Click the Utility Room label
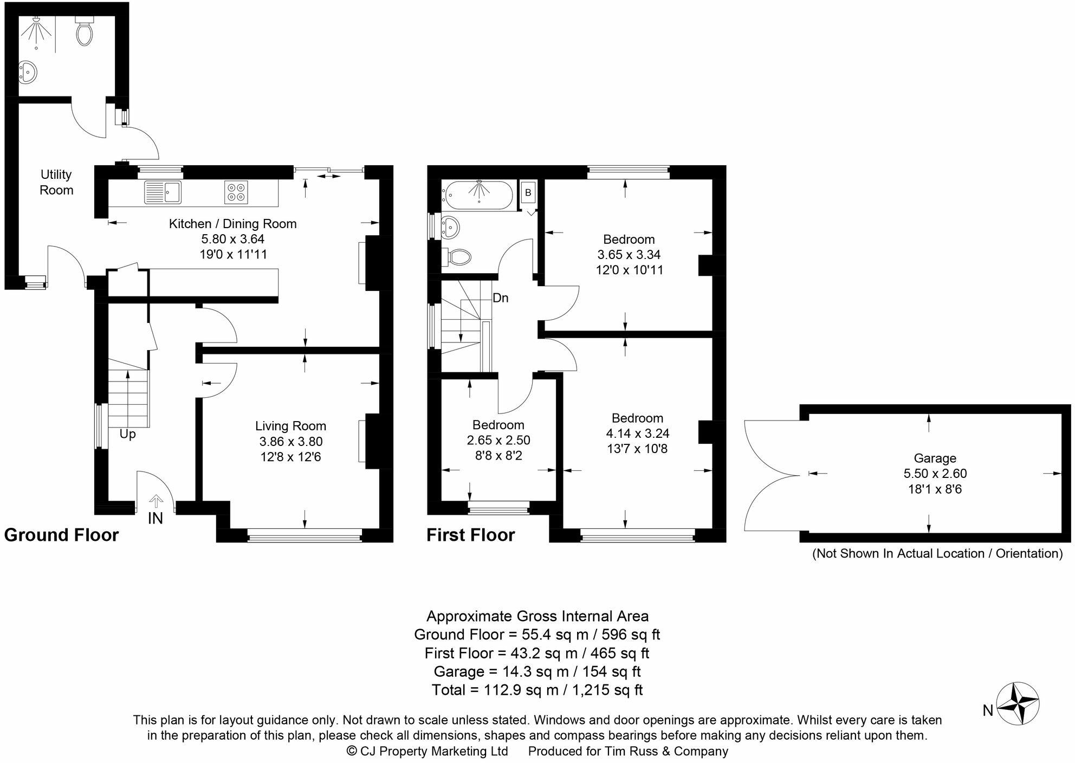point(56,182)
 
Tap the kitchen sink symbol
point(163,192)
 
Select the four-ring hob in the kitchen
point(236,192)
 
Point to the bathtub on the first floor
point(477,195)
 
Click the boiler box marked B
point(528,192)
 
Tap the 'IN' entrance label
point(156,519)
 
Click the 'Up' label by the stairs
point(127,434)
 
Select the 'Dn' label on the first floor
point(500,298)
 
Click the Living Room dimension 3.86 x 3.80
point(291,442)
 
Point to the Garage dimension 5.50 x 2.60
point(935,474)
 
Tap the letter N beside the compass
point(988,711)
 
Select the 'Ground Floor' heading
point(61,535)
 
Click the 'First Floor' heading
point(470,535)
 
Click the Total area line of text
point(537,690)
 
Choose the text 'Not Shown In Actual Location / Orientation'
point(937,553)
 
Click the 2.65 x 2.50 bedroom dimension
point(498,441)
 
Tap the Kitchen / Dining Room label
point(232,224)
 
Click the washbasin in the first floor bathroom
point(450,226)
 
